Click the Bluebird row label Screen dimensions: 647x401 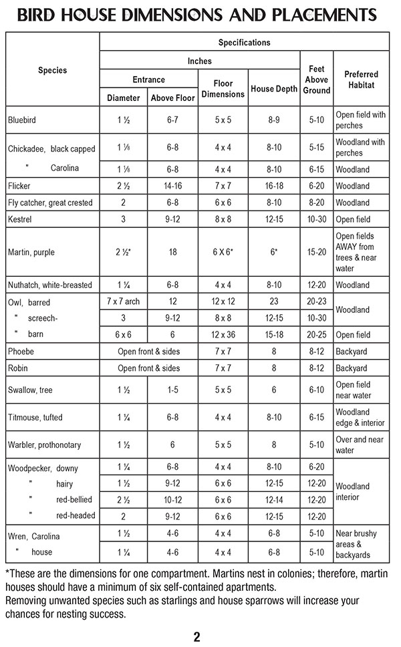coord(23,120)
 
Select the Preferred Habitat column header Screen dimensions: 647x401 coord(362,80)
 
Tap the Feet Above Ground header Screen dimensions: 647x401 coord(317,80)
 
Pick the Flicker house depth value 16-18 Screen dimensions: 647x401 coord(274,186)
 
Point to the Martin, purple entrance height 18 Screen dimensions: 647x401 coord(172,252)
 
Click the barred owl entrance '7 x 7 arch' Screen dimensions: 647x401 coord(123,301)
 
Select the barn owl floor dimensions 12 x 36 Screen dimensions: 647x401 coord(223,335)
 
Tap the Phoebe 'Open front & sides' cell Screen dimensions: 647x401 coord(148,352)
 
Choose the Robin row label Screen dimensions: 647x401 coord(18,368)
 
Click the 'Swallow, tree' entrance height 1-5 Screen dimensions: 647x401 coord(172,390)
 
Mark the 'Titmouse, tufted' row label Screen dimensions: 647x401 coord(35,418)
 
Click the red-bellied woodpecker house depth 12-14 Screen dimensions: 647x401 coord(274,499)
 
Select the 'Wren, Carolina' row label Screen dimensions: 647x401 coord(34,536)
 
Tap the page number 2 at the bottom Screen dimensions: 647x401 coord(196,636)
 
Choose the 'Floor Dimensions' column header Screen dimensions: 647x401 coord(223,89)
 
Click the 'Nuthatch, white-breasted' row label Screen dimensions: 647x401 coord(50,285)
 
